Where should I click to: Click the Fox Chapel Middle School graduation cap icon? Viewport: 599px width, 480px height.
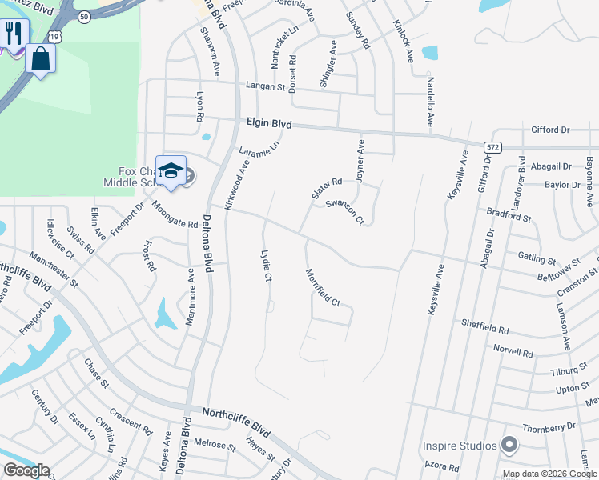coord(171,170)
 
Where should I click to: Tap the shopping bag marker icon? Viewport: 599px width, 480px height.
coord(40,58)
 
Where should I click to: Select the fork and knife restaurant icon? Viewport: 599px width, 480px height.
coord(13,33)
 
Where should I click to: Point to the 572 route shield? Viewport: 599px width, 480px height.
coord(493,146)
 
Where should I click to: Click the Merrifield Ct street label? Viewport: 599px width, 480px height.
coord(324,287)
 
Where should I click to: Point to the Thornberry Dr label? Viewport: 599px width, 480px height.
coord(549,428)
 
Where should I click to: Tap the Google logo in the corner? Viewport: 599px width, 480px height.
coord(26,471)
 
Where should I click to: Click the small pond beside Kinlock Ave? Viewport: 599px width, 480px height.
coord(430,54)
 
